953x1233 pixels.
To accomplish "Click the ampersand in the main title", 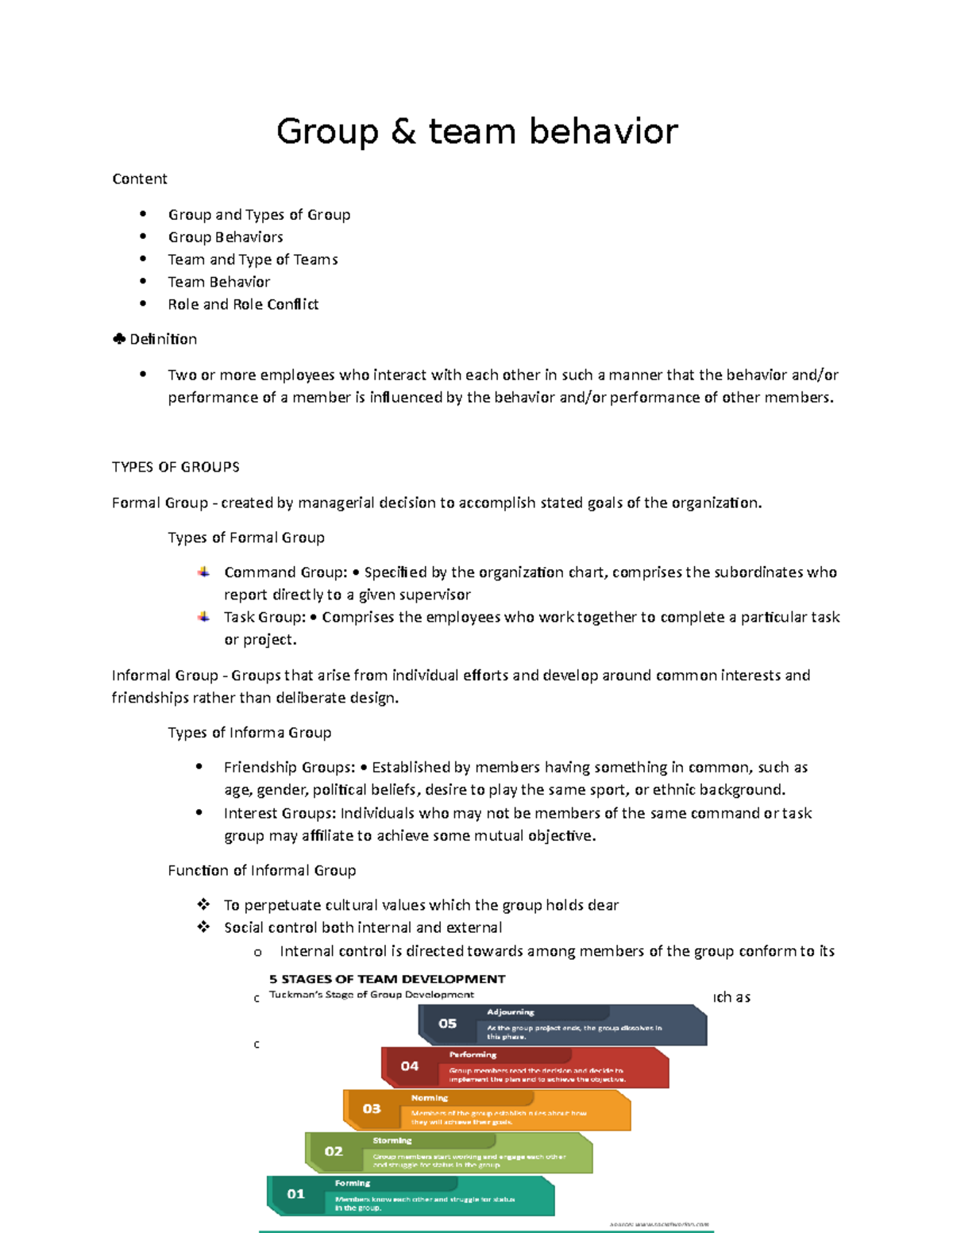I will pos(403,132).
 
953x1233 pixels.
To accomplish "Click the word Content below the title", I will pos(140,179).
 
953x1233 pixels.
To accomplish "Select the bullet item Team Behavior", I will pos(218,282).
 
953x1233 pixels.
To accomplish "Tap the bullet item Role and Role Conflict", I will pos(243,304).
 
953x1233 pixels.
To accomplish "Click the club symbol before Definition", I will pos(119,339).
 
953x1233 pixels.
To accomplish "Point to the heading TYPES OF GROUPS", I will pos(176,467).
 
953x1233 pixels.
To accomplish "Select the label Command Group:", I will pos(285,572).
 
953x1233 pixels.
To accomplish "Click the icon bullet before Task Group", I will pos(204,617).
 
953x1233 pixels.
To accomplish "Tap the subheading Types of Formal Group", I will pos(246,538).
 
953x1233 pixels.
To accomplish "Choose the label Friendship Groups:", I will pos(289,767).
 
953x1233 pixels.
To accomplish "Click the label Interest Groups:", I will pos(281,813).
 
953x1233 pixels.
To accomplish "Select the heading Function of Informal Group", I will pos(261,870).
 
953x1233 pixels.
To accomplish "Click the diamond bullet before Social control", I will pos(203,927).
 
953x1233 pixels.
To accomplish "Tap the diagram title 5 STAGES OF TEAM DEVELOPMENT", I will pos(387,979).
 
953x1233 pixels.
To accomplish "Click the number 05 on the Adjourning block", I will pos(448,1023).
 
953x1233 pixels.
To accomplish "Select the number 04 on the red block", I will pos(410,1066).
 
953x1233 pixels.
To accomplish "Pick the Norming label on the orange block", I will pos(430,1098).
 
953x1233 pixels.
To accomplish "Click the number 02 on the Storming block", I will pos(334,1151).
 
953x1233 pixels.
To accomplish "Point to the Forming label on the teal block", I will pos(352,1183).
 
